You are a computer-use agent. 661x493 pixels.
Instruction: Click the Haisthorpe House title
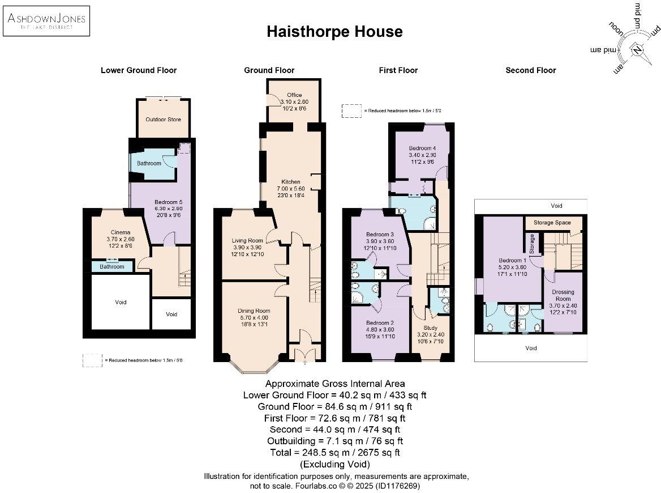(x=334, y=32)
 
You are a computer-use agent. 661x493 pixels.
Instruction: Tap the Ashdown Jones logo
(x=46, y=21)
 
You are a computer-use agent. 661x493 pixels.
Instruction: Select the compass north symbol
(x=638, y=50)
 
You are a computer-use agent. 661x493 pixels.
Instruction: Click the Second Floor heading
(x=530, y=70)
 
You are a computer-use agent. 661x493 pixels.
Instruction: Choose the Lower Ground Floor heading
(x=139, y=70)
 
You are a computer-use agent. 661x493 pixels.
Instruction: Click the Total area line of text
(x=334, y=452)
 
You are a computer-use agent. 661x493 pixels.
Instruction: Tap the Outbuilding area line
(x=334, y=441)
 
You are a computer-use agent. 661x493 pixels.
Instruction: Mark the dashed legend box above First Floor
(x=351, y=110)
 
